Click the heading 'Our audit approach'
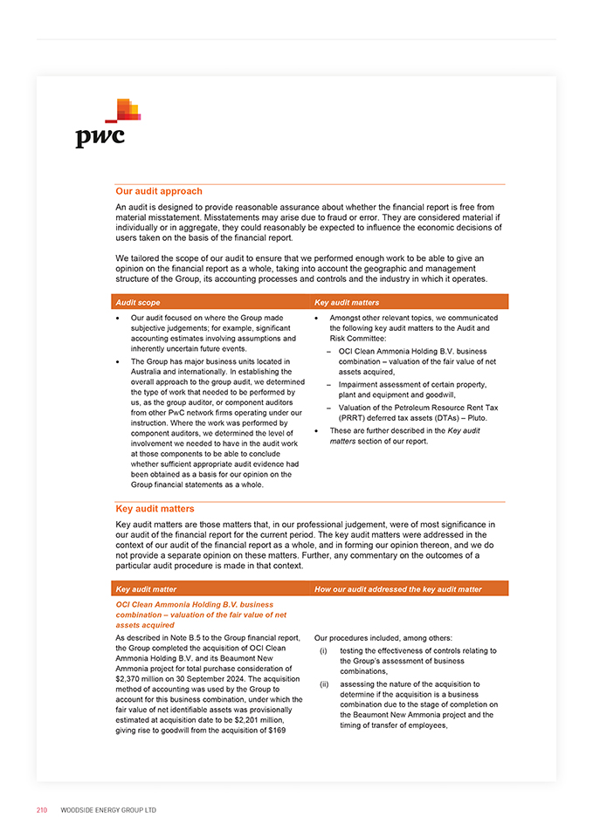coord(159,191)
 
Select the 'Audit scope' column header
coord(138,302)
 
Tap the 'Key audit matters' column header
coord(347,302)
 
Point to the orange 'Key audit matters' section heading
coord(155,508)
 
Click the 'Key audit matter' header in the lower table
coord(146,589)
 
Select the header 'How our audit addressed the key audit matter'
coord(397,589)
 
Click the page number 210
coord(42,810)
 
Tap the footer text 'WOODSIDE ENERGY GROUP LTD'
coord(108,810)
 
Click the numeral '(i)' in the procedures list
coord(323,650)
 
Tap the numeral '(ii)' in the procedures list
coord(324,684)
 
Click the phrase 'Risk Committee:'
coord(356,339)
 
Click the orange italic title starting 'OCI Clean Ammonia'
coord(194,615)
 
